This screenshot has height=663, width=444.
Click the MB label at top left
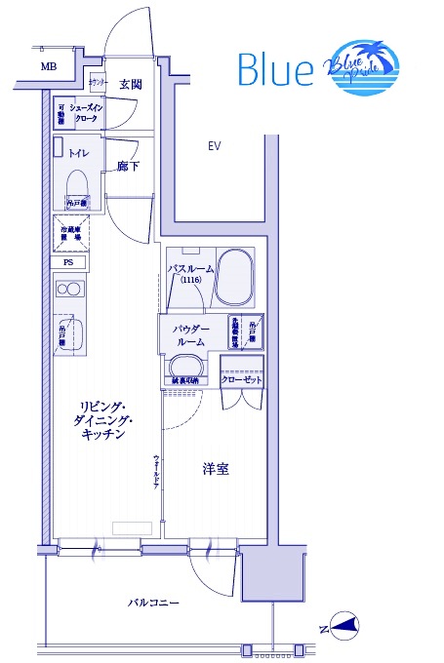click(x=48, y=66)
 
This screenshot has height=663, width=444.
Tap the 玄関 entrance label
click(x=130, y=85)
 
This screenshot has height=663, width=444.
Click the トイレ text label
click(x=79, y=152)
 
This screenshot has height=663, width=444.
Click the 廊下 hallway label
click(x=128, y=167)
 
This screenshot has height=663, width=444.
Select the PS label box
click(x=68, y=262)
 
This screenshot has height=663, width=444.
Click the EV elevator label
click(x=215, y=146)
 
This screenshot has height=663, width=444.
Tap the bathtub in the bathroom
click(x=234, y=278)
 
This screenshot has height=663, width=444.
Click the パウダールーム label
click(x=190, y=335)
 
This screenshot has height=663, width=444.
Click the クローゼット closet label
click(x=241, y=380)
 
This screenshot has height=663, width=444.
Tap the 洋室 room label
click(x=216, y=469)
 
